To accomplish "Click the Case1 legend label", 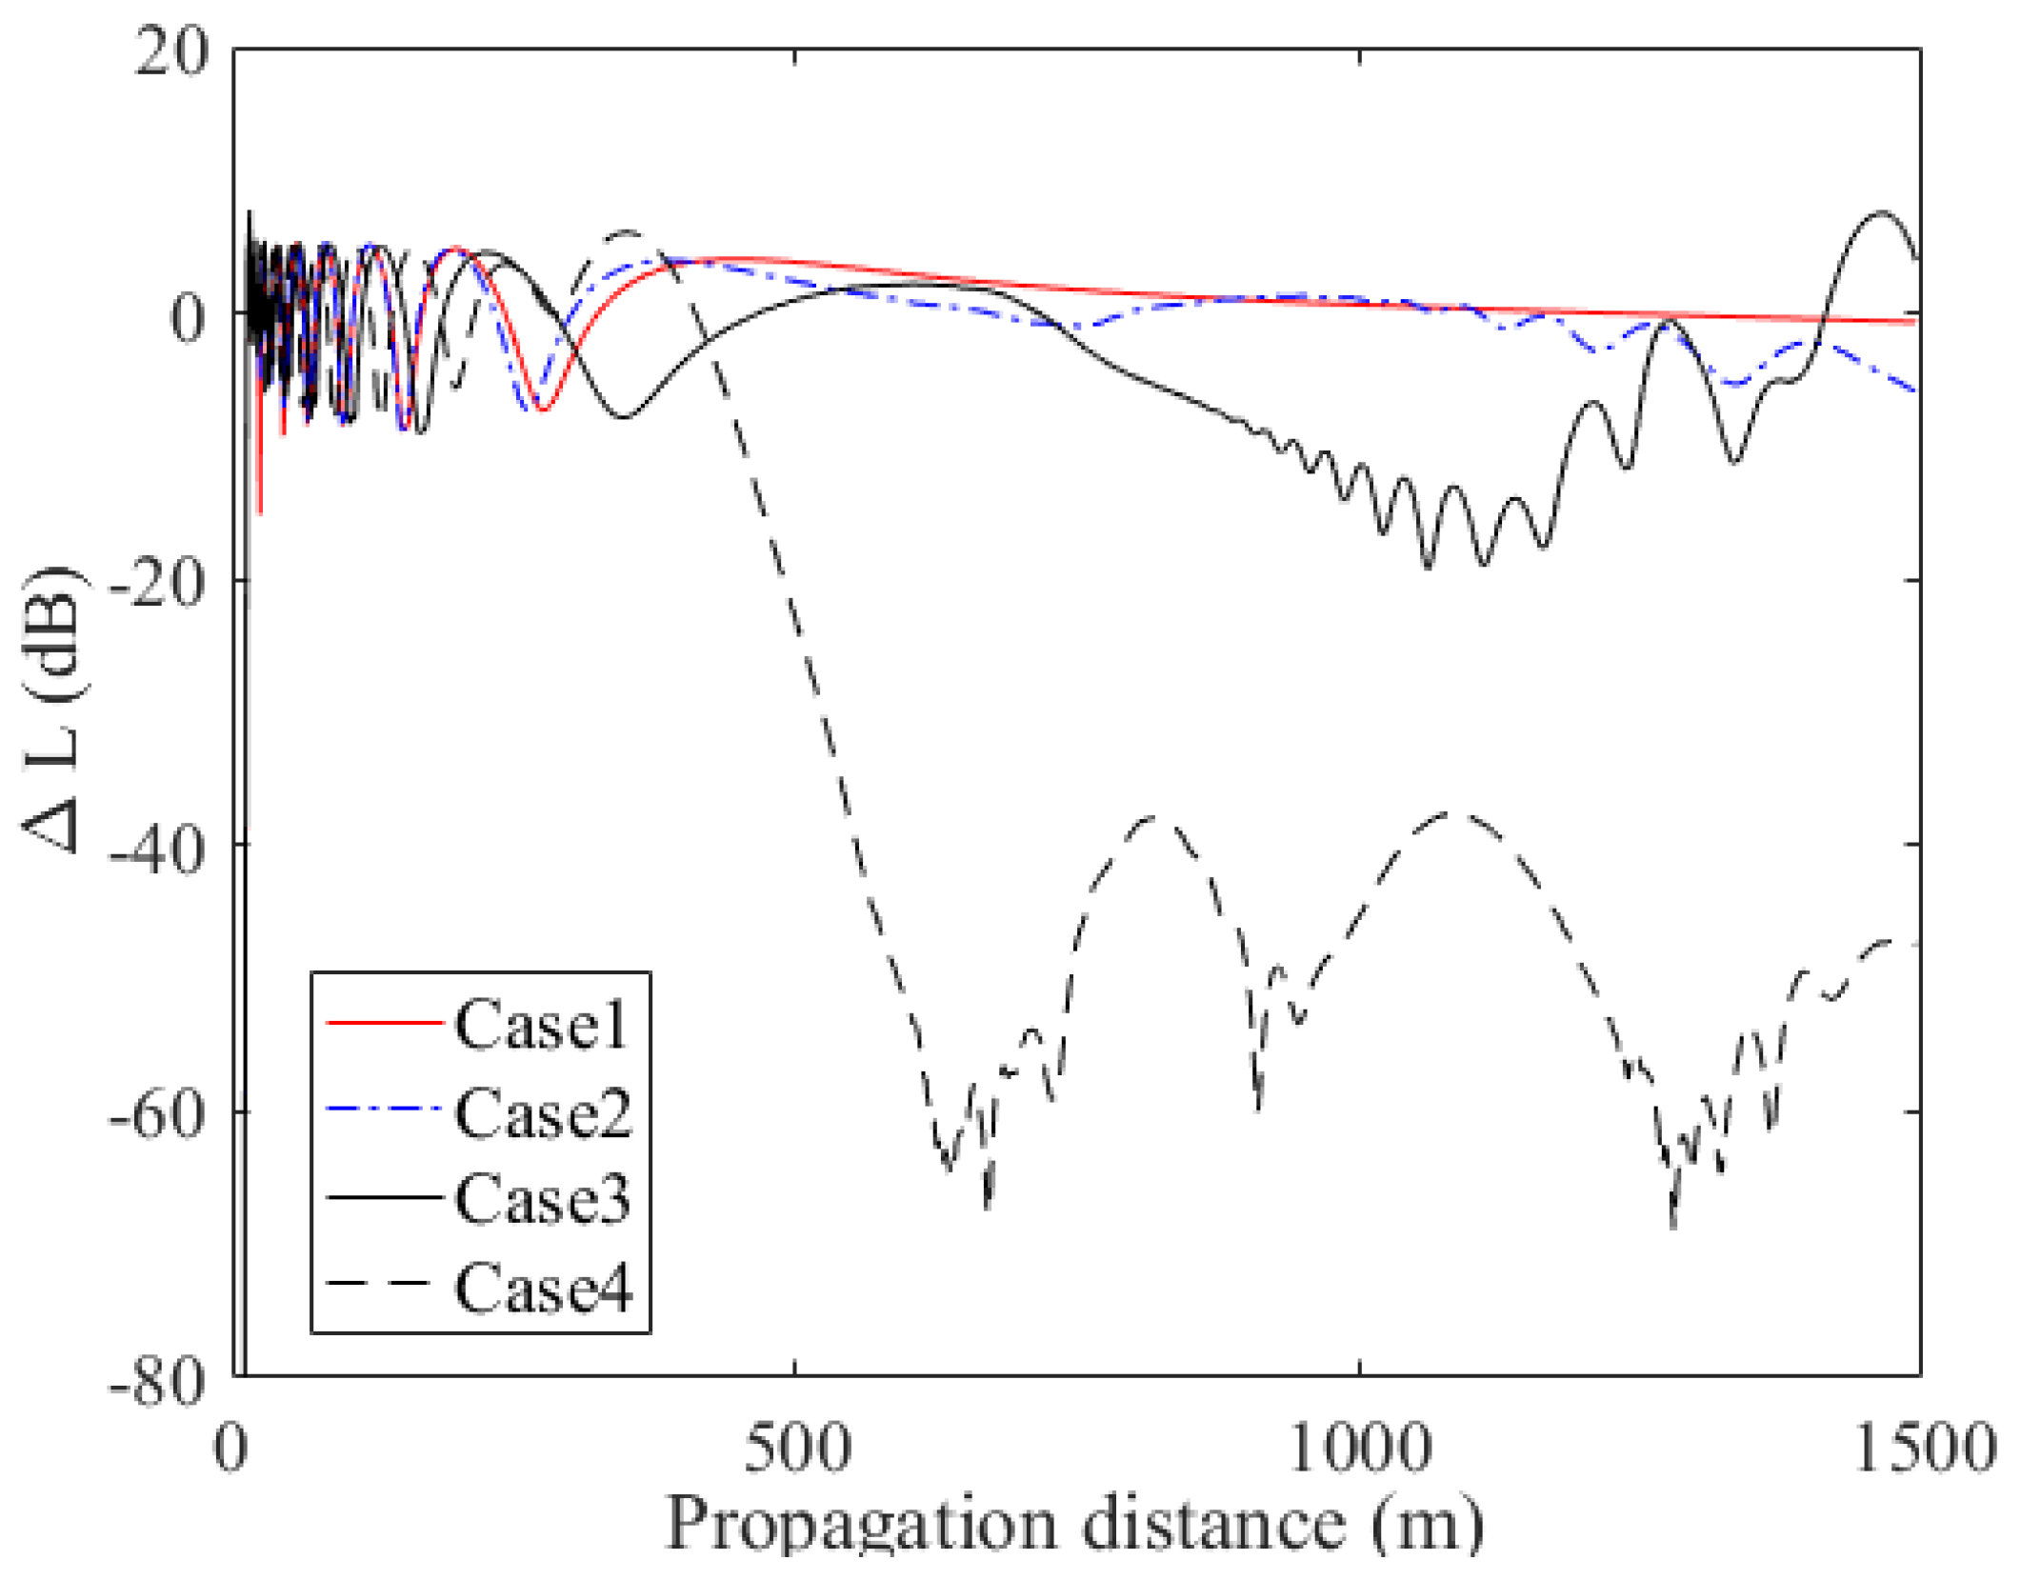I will pyautogui.click(x=541, y=1026).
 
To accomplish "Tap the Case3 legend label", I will pyautogui.click(x=542, y=1199).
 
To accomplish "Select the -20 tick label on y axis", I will pyautogui.click(x=157, y=581).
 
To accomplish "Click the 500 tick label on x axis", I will pyautogui.click(x=796, y=1449).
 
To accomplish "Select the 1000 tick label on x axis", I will pyautogui.click(x=1359, y=1449).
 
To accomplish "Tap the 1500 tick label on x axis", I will pyautogui.click(x=1922, y=1449).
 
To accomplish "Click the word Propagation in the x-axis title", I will pyautogui.click(x=861, y=1526).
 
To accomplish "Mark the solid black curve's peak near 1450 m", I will pyautogui.click(x=1881, y=212).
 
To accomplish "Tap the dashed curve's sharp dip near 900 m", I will pyautogui.click(x=1258, y=1110).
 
